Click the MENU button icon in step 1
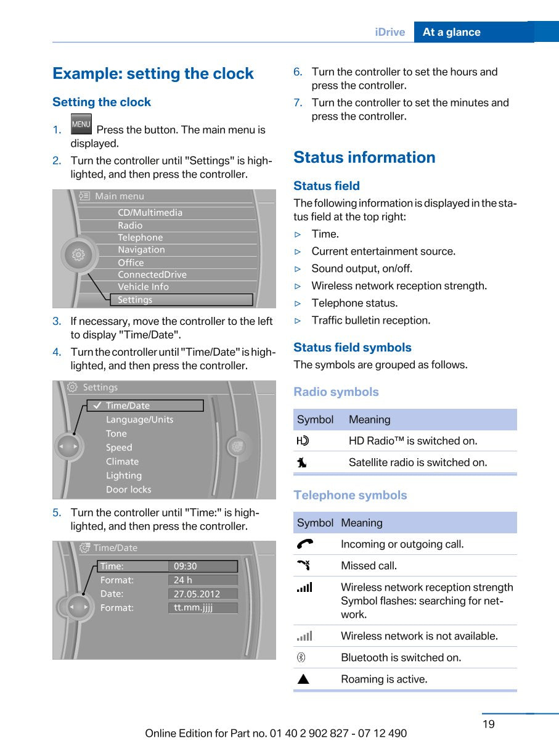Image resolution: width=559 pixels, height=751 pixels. [x=81, y=124]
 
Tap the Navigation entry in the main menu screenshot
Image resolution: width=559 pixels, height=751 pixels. [x=141, y=250]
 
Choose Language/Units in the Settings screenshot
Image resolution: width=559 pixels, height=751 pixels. [x=139, y=419]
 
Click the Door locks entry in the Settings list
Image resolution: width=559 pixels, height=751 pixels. [x=128, y=490]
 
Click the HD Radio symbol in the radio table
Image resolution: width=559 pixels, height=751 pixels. [x=303, y=441]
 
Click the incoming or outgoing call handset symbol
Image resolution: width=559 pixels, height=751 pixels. [x=304, y=544]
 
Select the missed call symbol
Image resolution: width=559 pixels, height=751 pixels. [x=303, y=565]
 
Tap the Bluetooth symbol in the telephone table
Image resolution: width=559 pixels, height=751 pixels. [x=301, y=657]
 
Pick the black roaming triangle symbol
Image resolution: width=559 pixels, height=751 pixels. [x=303, y=679]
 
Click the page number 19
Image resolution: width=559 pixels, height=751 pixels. [x=488, y=724]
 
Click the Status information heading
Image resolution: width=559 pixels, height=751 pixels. [x=364, y=157]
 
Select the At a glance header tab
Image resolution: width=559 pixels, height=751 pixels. [x=452, y=32]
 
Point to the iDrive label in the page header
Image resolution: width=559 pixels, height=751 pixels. [x=390, y=32]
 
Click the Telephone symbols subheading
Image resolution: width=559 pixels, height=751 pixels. [x=350, y=495]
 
